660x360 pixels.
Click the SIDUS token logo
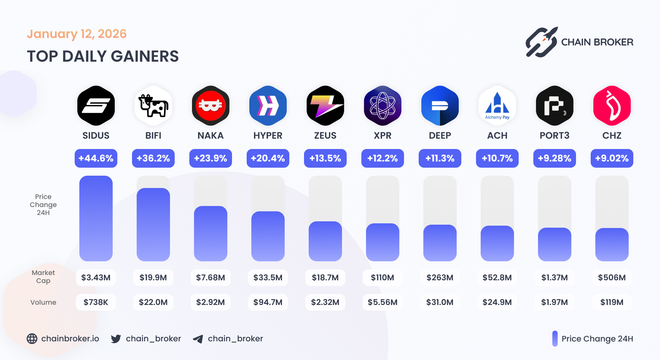point(96,106)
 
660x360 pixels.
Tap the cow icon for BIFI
point(153,106)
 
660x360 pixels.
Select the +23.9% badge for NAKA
point(211,158)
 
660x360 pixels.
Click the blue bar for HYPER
point(268,236)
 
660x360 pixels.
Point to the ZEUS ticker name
point(325,136)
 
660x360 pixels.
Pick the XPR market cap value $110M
point(383,278)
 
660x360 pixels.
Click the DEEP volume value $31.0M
point(440,302)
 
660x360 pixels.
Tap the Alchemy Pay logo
point(497,106)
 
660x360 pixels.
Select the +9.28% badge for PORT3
point(555,158)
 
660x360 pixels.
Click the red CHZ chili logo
point(612,106)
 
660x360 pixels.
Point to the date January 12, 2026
point(77,34)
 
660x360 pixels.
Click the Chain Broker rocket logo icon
point(542,42)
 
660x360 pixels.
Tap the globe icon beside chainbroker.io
point(32,339)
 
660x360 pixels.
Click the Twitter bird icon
point(116,339)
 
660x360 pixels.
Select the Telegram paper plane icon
point(198,339)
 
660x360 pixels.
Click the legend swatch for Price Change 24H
point(555,339)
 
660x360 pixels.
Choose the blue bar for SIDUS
point(96,218)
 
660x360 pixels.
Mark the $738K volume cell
point(96,302)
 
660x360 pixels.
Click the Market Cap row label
point(43,277)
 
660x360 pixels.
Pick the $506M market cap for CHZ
point(612,278)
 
